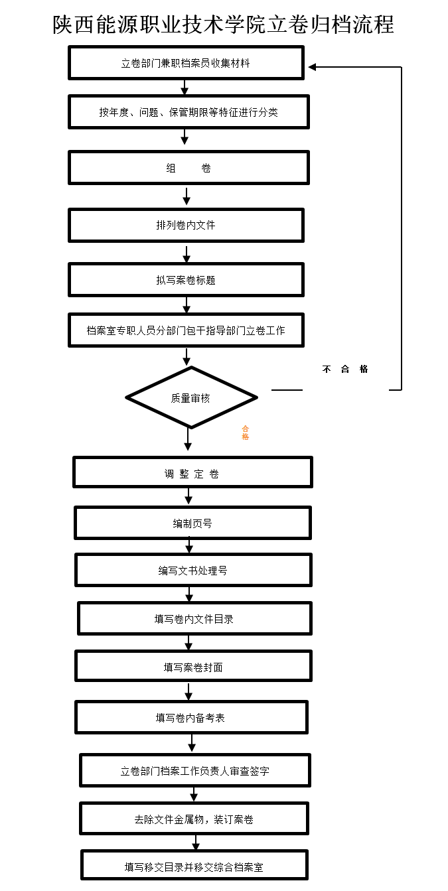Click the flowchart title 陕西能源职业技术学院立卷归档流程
[224, 25]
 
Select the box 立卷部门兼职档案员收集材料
[186, 63]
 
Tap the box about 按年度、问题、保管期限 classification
[188, 112]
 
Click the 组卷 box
[188, 168]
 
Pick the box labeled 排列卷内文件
[186, 225]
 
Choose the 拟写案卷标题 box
[186, 280]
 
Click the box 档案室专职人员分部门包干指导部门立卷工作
[186, 330]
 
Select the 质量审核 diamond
[191, 398]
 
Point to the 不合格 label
[345, 369]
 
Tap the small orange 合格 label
[245, 433]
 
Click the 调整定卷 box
[192, 473]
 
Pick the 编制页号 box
[192, 523]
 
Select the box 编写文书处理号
[193, 570]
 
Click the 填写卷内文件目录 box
[194, 618]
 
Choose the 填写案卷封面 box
[193, 666]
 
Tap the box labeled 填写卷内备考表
[191, 717]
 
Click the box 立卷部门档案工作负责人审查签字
[194, 770]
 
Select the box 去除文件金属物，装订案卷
[194, 819]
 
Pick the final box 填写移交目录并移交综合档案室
[194, 866]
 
